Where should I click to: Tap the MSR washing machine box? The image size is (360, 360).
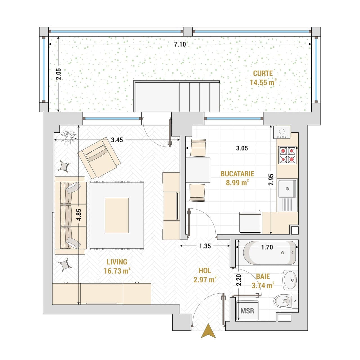tap(247, 311)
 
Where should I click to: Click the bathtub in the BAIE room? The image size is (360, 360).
tap(269, 253)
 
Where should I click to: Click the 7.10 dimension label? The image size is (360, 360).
tap(180, 44)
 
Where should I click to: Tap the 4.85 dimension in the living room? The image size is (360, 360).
tap(79, 215)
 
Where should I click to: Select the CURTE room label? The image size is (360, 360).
tap(263, 73)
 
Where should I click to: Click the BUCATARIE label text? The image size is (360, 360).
tap(237, 174)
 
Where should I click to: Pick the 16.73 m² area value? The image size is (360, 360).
tap(117, 271)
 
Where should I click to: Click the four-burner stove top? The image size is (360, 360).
tap(287, 155)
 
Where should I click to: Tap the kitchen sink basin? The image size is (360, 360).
tap(287, 188)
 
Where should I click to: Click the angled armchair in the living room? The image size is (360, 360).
tap(99, 158)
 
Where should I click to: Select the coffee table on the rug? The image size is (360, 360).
tap(116, 215)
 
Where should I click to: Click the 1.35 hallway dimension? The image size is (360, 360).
tap(205, 246)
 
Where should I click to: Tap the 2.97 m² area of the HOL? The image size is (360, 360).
tap(205, 280)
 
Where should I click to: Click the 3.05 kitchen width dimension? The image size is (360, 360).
tap(242, 148)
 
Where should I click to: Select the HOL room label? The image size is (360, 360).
tap(205, 271)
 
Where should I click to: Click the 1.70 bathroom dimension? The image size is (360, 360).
tap(267, 247)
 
